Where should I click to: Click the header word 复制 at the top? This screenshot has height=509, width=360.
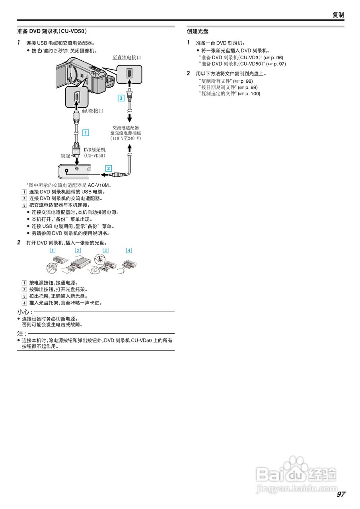tap(338, 15)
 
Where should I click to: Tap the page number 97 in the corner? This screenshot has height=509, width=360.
tap(341, 494)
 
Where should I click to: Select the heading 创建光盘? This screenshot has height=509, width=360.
tap(198, 31)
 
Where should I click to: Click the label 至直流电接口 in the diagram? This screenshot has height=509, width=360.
tap(126, 58)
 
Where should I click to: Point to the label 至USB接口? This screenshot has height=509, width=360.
tap(92, 111)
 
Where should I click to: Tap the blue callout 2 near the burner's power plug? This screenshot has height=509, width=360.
tap(109, 168)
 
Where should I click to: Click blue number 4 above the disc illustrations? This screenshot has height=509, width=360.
tap(129, 250)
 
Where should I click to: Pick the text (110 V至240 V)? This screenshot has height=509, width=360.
tap(126, 138)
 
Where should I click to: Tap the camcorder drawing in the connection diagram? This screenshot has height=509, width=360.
tap(86, 76)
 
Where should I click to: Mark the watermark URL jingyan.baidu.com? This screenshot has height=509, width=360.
tap(296, 488)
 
